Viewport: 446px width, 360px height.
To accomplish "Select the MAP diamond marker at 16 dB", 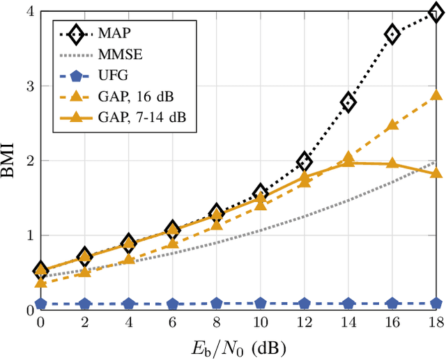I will [393, 34].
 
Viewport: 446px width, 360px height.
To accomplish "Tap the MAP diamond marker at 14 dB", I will [348, 103].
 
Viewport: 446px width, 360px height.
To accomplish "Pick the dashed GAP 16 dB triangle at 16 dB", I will [393, 125].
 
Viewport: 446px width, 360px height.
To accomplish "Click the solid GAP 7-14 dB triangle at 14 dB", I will [348, 157].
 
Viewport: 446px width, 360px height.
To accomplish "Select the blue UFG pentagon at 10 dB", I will [260, 304].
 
